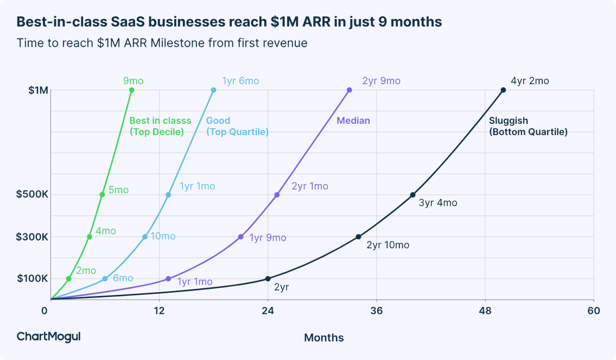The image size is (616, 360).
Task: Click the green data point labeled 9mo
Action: [132, 90]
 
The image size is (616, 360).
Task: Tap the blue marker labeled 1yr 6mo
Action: [213, 90]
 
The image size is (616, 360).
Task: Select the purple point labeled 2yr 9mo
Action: [349, 90]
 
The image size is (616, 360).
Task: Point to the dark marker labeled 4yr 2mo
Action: [503, 90]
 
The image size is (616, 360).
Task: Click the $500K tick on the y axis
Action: [32, 195]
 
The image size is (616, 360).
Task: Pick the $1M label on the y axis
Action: [38, 90]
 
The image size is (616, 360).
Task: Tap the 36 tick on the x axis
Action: [376, 311]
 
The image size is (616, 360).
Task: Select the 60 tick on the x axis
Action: [594, 311]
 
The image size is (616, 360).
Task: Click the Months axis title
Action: [323, 338]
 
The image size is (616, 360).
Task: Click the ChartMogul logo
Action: [49, 337]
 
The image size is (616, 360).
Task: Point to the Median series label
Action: [353, 121]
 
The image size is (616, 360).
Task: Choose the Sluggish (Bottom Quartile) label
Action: [528, 126]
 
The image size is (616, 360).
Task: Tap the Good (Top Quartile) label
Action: [237, 126]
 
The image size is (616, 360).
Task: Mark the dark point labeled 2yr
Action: [268, 279]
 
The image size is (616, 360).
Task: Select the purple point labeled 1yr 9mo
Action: [240, 237]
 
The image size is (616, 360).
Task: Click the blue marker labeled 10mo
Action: [145, 237]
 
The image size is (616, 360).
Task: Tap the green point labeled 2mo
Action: [68, 279]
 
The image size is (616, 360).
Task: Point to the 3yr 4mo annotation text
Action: [437, 203]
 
